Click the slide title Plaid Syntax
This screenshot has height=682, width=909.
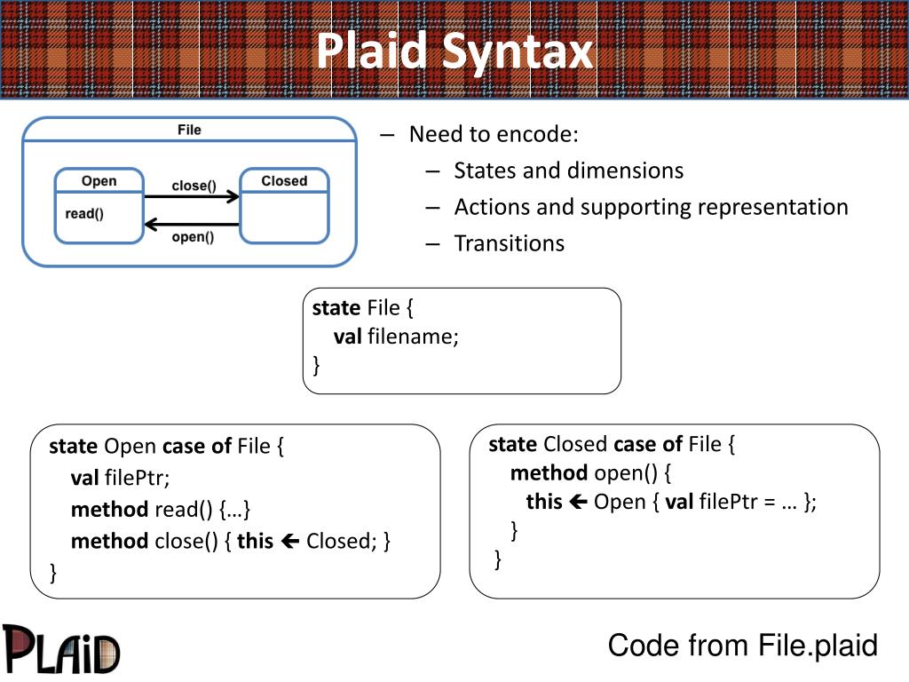[455, 51]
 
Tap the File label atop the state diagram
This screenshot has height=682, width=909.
[190, 130]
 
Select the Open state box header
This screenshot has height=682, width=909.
[99, 181]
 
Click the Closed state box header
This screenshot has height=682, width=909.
[284, 181]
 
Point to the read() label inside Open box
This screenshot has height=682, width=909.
[84, 214]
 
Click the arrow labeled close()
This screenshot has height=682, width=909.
[192, 196]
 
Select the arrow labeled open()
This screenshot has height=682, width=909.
[192, 225]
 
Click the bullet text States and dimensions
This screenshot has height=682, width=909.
[569, 171]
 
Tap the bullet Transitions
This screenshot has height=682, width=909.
[510, 243]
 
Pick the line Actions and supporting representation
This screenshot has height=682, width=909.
[651, 208]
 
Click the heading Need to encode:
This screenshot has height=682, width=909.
[494, 135]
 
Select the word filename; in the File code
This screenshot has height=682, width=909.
[414, 337]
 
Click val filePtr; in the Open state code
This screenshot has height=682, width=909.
[121, 478]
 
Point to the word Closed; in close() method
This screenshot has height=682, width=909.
[342, 541]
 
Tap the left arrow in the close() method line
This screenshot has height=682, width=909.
[290, 542]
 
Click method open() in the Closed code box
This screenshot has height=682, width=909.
[584, 473]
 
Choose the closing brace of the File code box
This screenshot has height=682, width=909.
[317, 365]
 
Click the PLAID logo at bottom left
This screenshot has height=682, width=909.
[61, 649]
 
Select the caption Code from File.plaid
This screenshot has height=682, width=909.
[743, 646]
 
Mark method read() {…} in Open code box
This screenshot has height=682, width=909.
[161, 510]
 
